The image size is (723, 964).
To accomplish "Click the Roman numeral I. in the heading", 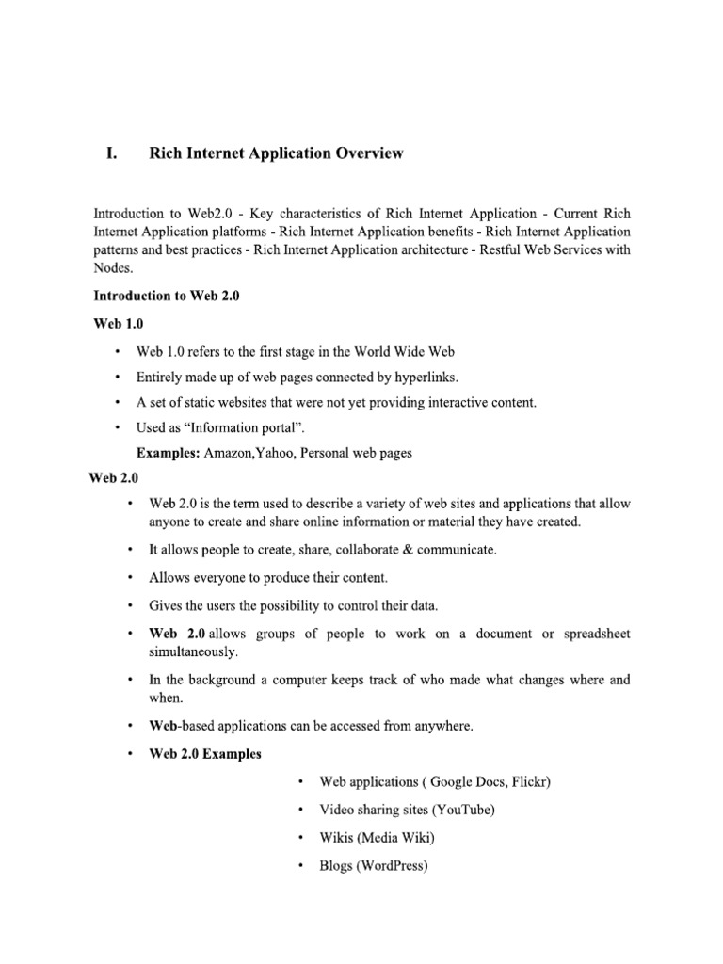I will (x=110, y=153).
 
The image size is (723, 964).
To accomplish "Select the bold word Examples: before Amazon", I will (x=168, y=453).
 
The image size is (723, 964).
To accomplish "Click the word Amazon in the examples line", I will (x=229, y=453).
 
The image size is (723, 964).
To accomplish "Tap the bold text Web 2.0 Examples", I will (x=205, y=754).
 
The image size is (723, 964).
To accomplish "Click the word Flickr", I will (x=533, y=781).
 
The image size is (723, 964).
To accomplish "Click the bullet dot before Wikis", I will (x=299, y=837).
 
